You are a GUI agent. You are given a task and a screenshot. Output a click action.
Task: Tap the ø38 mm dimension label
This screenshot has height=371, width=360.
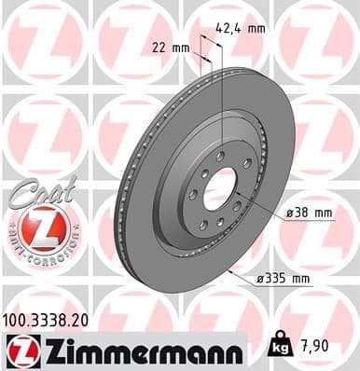coord(309,213)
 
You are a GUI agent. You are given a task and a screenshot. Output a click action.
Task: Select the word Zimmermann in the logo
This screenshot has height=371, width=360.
coord(139,350)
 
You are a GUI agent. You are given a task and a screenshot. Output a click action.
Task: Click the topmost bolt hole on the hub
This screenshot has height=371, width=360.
coord(220,154)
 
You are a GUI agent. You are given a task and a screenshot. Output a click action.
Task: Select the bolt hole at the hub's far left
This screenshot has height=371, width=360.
coord(191,195)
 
